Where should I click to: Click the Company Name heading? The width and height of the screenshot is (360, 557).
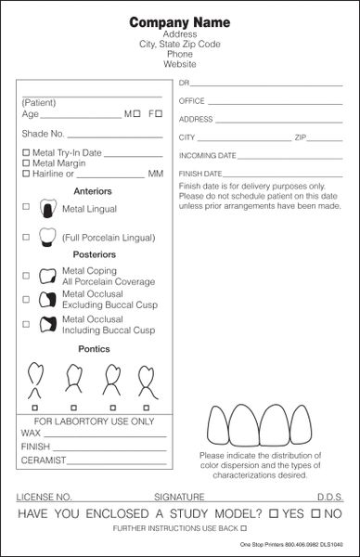coord(179,21)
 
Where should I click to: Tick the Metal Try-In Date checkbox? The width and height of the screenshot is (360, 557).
coord(25,152)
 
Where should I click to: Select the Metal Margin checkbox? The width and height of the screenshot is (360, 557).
coord(25,162)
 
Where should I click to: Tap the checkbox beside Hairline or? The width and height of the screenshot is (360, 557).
coord(25,174)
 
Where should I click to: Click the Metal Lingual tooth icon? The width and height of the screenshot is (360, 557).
coord(46,209)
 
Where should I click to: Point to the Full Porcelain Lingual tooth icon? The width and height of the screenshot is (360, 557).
coord(46,238)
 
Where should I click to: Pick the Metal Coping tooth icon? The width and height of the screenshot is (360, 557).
coord(45,276)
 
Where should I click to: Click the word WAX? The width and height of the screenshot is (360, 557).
coord(30,433)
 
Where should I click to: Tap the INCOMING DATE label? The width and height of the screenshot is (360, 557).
coord(207,155)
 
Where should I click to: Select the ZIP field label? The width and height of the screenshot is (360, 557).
coord(301,137)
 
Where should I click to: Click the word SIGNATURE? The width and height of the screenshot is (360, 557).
coord(179,497)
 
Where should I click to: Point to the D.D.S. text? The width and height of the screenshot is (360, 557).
coord(329,497)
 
